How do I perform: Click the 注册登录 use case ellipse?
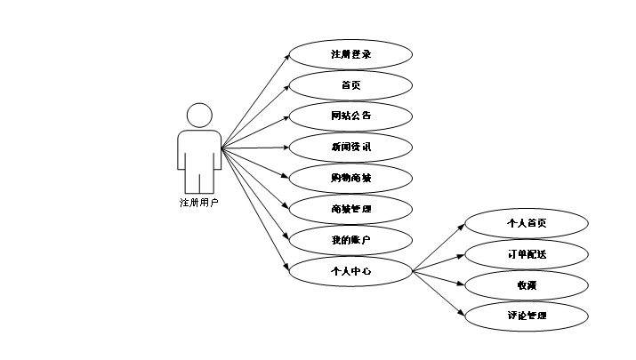pos(350,54)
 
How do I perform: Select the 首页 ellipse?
pos(350,85)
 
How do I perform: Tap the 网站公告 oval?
pos(350,116)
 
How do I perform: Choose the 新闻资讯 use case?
pos(350,147)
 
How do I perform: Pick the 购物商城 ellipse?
pos(350,178)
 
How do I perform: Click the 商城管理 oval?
pos(350,209)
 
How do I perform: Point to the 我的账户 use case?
pos(350,240)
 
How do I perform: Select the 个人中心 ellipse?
pos(350,271)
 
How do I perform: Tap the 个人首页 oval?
pos(526,224)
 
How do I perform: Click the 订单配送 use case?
pos(526,254)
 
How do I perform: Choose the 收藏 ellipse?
pos(526,285)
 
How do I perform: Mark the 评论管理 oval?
pos(526,316)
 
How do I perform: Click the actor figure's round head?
pos(199,116)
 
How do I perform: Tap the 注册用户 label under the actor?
pos(198,203)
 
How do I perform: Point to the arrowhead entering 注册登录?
pos(287,56)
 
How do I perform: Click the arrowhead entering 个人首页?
pos(461,226)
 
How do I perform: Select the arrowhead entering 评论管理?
pos(461,313)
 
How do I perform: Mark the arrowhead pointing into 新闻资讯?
pos(286,147)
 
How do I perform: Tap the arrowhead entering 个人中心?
pos(286,268)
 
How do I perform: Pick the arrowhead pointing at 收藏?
pos(461,284)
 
